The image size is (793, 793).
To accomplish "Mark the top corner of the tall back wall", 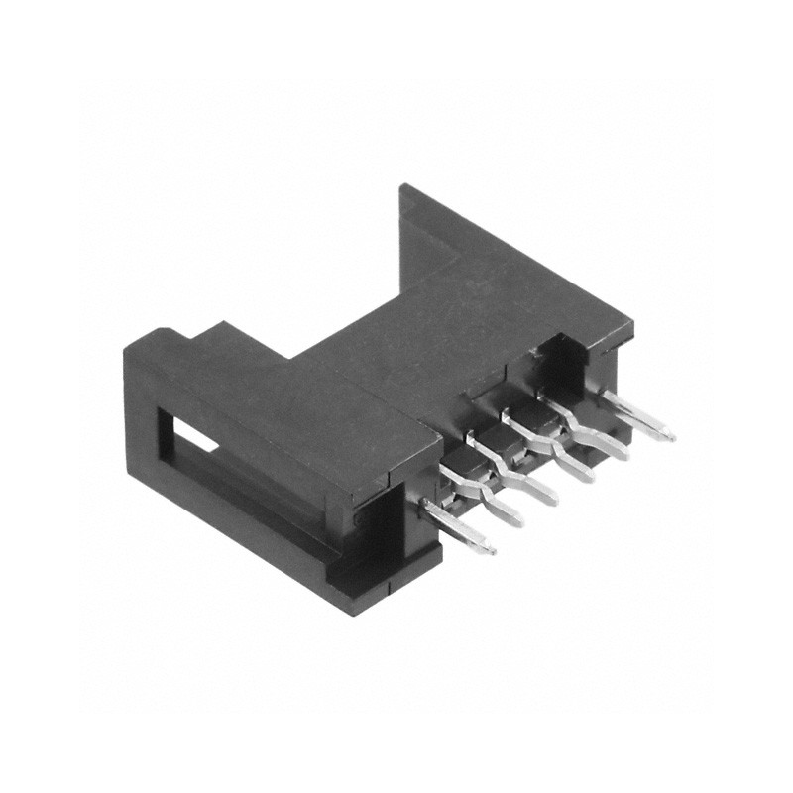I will (401, 186).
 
